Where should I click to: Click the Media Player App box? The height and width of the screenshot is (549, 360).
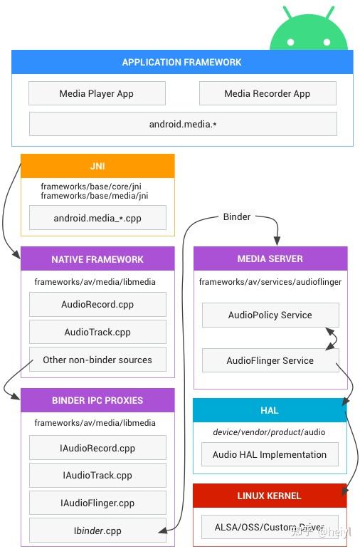[x=97, y=93]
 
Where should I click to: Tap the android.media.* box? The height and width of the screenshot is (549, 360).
[x=183, y=124]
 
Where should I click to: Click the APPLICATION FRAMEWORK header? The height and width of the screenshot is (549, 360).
[x=182, y=62]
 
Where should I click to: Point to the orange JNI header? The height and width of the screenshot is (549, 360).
[x=97, y=166]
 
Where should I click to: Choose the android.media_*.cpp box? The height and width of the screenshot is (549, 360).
[x=97, y=218]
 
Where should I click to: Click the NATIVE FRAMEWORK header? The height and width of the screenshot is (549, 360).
[x=97, y=259]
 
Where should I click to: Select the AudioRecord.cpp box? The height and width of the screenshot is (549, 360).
[x=97, y=304]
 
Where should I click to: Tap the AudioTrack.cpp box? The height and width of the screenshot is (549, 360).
[x=97, y=332]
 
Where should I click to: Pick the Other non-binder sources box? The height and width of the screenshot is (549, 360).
[x=97, y=360]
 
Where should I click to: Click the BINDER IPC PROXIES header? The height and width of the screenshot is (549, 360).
[x=97, y=400]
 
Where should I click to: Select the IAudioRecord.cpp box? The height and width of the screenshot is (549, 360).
[x=97, y=447]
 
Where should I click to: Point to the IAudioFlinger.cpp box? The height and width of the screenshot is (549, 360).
[x=97, y=503]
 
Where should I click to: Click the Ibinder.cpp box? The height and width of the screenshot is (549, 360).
[x=97, y=530]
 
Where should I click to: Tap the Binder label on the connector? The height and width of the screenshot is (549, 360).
[x=237, y=216]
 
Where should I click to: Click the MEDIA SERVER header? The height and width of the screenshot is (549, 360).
[x=270, y=258]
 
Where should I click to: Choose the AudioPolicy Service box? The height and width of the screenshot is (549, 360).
[x=270, y=315]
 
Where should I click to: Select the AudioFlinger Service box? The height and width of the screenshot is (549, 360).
[x=270, y=360]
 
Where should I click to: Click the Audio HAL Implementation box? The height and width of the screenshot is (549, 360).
[x=270, y=454]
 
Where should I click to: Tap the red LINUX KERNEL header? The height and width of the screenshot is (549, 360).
[x=270, y=496]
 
